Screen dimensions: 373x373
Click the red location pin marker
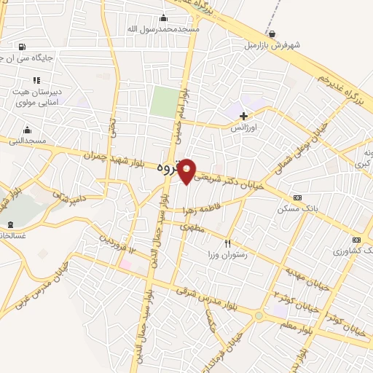(x=187, y=170)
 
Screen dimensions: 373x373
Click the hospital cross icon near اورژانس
(x=243, y=116)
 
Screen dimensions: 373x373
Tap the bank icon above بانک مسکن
(x=297, y=197)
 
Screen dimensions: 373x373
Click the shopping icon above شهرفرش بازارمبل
(x=272, y=34)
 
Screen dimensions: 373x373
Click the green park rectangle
(x=164, y=102)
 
